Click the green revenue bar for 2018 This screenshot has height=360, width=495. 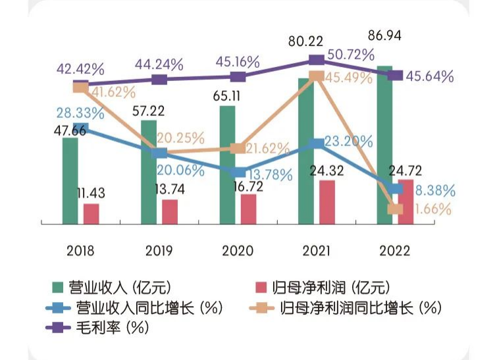70,181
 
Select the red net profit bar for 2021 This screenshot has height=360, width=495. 326,202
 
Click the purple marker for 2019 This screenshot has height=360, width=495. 159,80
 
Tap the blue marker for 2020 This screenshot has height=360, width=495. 238,172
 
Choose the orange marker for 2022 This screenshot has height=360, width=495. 396,209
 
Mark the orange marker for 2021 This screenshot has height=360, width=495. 316,76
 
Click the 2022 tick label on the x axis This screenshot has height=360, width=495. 395,251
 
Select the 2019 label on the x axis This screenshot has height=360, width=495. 159,251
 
